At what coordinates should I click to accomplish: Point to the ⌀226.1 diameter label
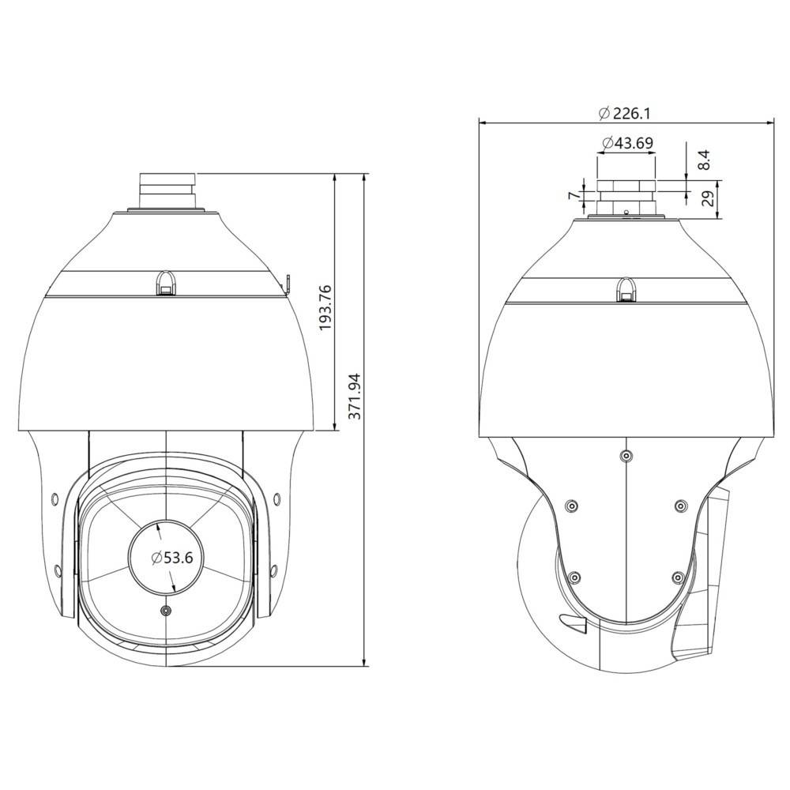tap(624, 113)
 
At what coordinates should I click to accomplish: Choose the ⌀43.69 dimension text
tap(627, 143)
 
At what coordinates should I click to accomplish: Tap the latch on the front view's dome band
tap(166, 282)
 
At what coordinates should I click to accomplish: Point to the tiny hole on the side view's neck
tap(626, 212)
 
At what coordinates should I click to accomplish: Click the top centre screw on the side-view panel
tap(626, 456)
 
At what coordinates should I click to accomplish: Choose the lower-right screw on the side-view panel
tap(677, 576)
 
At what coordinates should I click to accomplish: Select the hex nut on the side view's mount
tap(626, 186)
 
